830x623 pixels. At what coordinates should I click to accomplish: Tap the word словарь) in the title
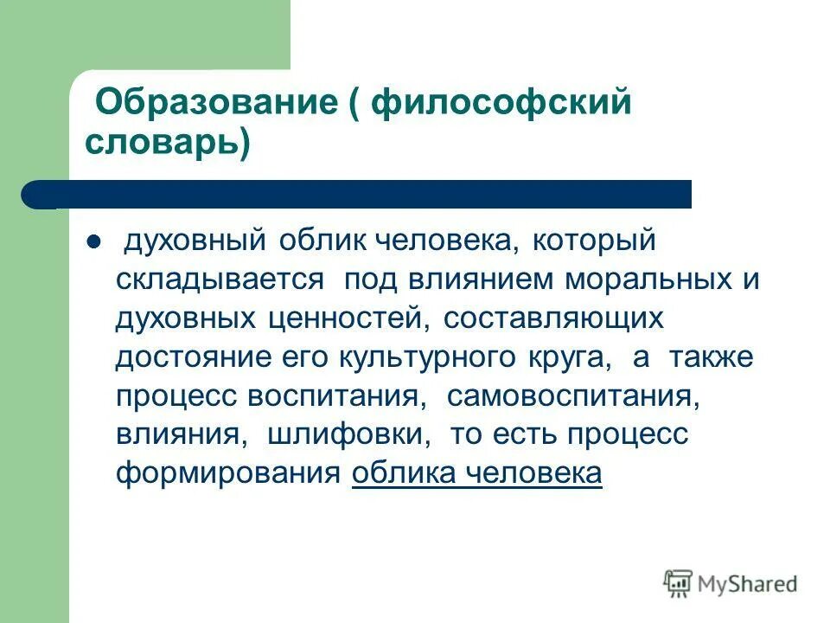(167, 142)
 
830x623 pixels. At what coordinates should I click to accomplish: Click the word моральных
(641, 279)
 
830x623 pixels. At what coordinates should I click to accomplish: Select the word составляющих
(554, 318)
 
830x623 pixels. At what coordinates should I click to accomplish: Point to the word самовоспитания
(571, 394)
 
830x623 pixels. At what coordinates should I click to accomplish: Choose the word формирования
(227, 472)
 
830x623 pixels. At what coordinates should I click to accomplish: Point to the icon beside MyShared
(678, 584)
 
